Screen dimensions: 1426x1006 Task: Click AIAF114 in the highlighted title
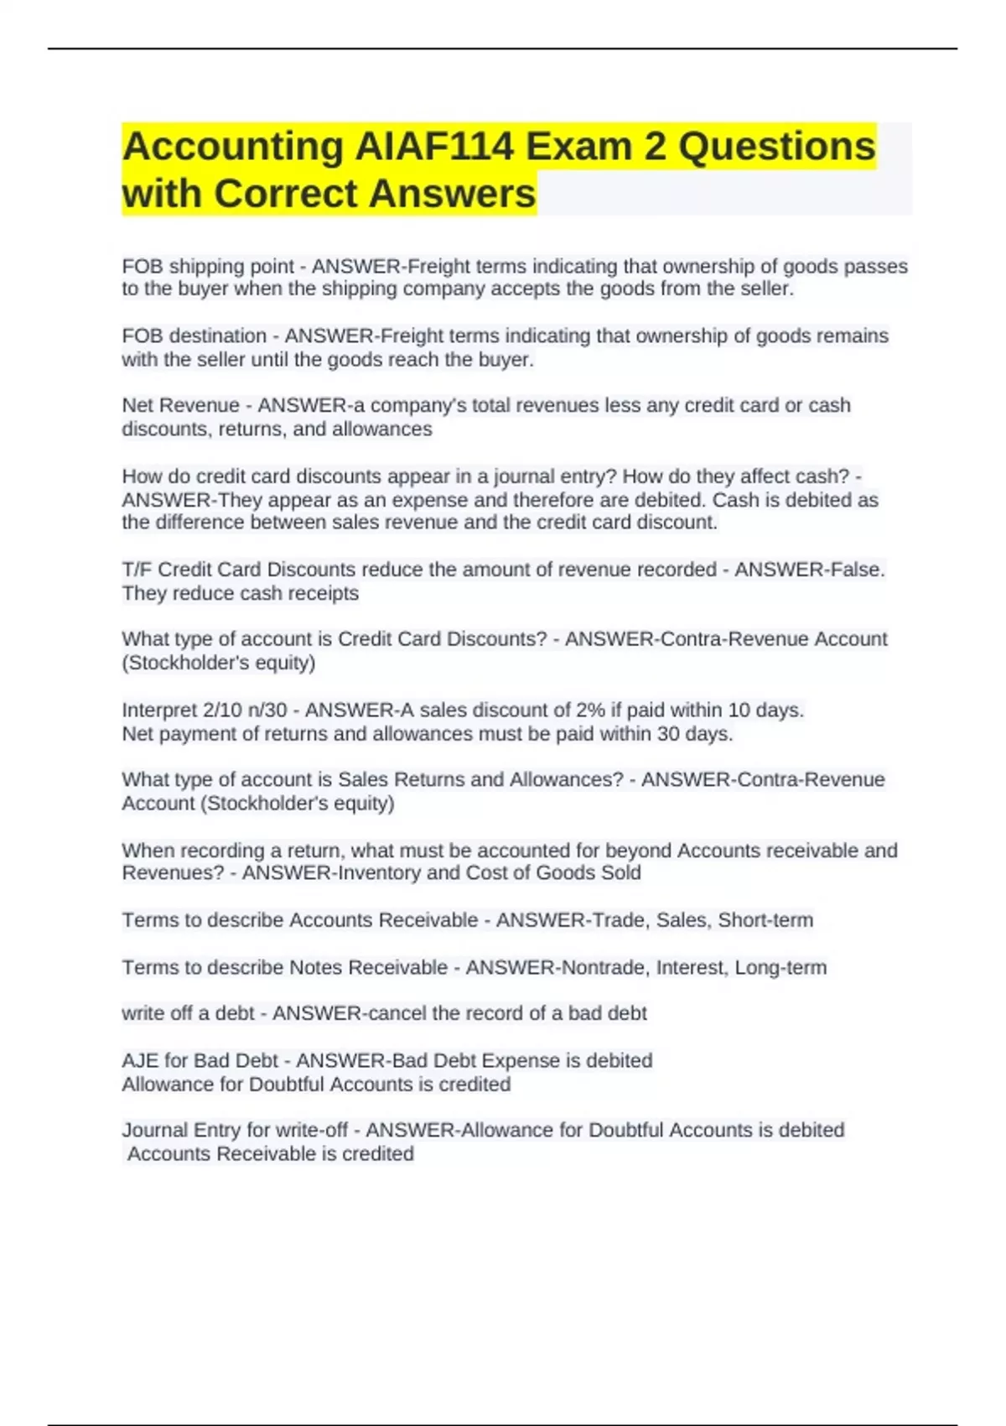point(434,147)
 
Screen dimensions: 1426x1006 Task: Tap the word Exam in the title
point(578,147)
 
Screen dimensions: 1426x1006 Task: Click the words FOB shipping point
point(208,267)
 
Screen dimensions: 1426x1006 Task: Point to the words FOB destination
point(194,336)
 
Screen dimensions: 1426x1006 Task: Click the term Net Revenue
point(180,406)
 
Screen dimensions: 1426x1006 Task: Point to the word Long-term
point(780,968)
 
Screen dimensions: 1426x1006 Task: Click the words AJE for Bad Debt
point(200,1061)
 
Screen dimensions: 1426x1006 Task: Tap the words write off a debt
point(188,1013)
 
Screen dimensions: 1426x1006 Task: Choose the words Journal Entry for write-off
point(235,1131)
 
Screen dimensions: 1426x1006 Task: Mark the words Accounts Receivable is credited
point(271,1154)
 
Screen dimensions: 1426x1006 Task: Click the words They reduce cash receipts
point(241,594)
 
